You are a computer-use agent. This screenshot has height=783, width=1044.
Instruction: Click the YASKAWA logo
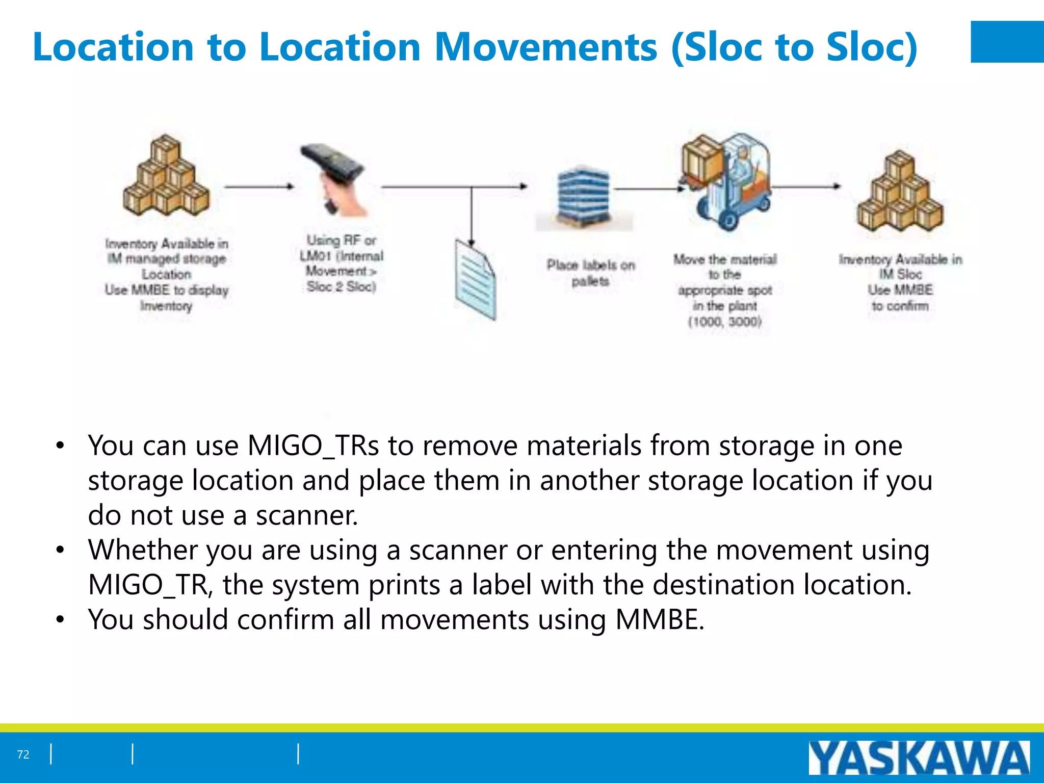coord(919,758)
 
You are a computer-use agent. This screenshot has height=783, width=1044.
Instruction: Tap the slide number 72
coord(23,754)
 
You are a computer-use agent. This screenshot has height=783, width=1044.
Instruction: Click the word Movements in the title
coord(546,47)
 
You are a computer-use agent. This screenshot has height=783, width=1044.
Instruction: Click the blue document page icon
coord(475,280)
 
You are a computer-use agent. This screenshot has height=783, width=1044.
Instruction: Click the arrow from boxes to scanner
coord(259,187)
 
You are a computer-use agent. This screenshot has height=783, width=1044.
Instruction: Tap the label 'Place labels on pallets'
coord(591,273)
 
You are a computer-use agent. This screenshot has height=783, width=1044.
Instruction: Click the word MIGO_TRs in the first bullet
coord(313,446)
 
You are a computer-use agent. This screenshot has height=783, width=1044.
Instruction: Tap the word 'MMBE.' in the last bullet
coord(660,620)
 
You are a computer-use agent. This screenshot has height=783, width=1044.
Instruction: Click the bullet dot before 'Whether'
coord(61,551)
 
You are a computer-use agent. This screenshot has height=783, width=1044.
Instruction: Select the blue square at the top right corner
coord(1007,42)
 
